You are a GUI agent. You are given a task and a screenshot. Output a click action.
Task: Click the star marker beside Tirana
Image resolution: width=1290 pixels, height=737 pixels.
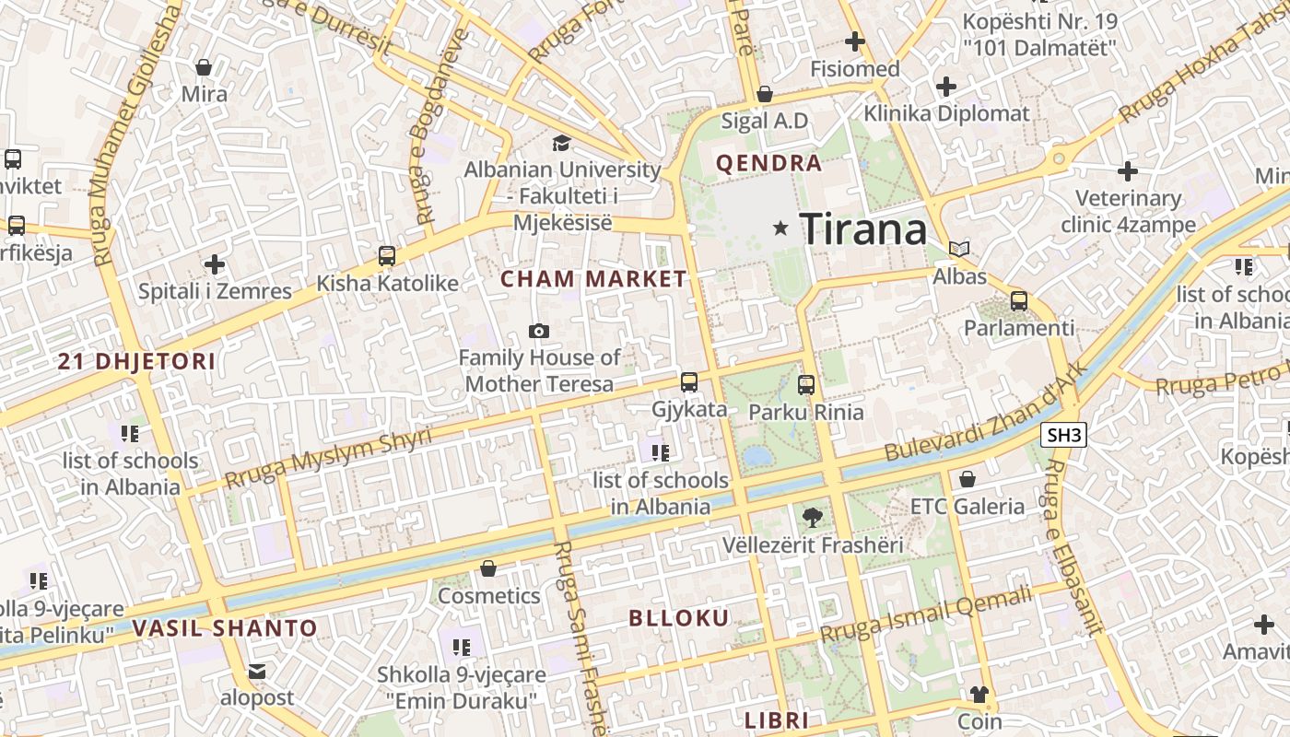click(781, 228)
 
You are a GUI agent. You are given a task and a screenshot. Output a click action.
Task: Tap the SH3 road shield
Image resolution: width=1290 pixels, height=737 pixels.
click(1063, 435)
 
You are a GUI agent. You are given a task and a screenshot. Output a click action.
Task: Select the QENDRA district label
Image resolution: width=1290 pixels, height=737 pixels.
click(768, 164)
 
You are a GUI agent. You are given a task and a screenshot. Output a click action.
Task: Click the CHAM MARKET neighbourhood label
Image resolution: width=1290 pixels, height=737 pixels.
click(593, 279)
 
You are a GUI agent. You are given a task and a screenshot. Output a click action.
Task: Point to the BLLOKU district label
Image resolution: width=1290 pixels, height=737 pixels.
click(679, 618)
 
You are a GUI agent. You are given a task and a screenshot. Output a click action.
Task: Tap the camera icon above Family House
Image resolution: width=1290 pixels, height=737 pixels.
click(539, 331)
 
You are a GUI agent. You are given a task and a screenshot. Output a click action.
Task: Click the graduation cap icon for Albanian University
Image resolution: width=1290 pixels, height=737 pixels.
click(560, 143)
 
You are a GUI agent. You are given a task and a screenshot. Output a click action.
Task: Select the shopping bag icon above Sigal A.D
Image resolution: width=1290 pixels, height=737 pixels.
click(764, 94)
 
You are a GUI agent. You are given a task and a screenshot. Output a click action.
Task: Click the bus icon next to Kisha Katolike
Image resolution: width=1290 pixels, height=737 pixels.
click(386, 256)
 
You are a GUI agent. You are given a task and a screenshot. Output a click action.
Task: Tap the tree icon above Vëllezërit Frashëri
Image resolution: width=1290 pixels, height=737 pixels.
click(812, 517)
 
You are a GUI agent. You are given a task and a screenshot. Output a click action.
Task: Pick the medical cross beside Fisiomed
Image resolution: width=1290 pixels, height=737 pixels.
click(855, 41)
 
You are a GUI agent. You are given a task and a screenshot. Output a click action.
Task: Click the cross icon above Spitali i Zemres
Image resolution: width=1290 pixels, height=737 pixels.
click(215, 264)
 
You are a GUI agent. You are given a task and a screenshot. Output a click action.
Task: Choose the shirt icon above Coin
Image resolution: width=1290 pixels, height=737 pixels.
click(979, 694)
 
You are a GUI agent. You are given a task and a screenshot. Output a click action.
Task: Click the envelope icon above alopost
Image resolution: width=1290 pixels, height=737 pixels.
click(257, 672)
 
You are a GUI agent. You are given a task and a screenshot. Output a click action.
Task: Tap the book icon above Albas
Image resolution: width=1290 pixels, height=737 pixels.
click(959, 249)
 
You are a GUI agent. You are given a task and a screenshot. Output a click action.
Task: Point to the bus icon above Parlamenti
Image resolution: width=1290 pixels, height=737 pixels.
click(1018, 300)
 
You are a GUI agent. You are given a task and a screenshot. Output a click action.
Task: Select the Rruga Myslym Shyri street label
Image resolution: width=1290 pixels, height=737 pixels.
click(328, 458)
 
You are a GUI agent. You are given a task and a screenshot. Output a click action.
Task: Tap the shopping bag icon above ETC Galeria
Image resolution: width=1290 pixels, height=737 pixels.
click(967, 479)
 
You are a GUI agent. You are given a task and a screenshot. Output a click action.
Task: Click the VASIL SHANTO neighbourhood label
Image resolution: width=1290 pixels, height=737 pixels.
click(225, 629)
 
